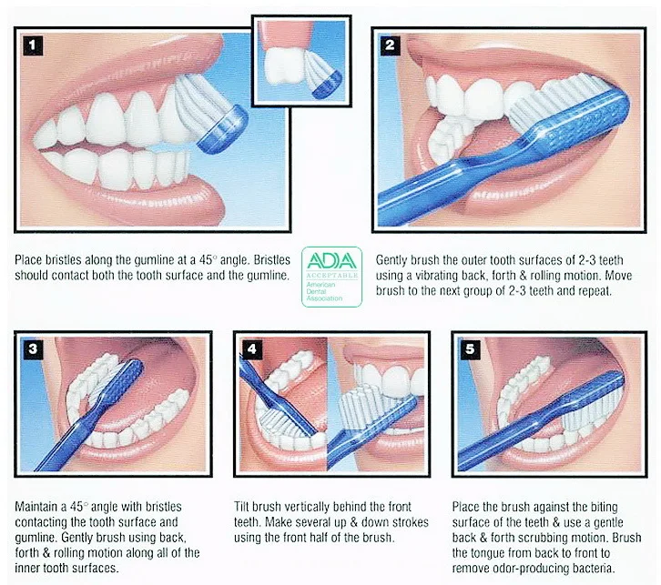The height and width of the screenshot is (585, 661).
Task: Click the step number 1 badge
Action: [x=33, y=45]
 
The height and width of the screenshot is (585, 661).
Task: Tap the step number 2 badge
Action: [x=390, y=45]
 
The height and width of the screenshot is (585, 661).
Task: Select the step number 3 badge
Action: [x=33, y=348]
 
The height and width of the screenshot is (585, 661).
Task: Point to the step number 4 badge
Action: [x=251, y=348]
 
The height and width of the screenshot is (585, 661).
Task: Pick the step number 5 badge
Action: [x=470, y=348]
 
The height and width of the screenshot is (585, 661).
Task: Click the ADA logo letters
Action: [x=331, y=261]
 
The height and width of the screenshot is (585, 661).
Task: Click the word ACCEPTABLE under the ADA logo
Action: [x=332, y=275]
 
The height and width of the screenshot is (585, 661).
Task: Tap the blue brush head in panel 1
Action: [x=222, y=129]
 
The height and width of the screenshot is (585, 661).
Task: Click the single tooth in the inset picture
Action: [x=283, y=66]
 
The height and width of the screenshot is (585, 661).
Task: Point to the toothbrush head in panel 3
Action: [x=121, y=381]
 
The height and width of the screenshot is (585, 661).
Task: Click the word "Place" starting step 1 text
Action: [x=28, y=260]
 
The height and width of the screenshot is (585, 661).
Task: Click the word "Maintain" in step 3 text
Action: [x=36, y=506]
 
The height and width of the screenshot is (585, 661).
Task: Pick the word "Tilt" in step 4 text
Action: [x=241, y=506]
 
